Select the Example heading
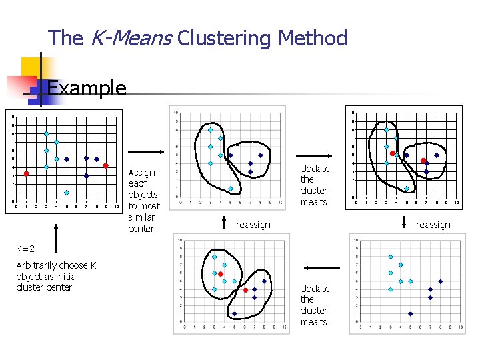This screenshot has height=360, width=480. pos(87,87)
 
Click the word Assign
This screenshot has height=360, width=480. pos(141,173)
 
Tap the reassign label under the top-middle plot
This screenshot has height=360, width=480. pos(253,225)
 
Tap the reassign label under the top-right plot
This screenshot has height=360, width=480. pos(433,225)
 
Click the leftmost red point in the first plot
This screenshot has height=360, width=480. pos(26,174)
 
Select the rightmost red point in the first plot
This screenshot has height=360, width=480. pos(106,165)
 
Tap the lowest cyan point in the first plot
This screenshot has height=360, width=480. pos(67,193)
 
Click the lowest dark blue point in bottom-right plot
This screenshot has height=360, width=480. pos(410,313)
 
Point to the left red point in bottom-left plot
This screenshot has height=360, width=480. pos(221,274)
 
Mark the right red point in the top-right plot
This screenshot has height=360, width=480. pos(423,161)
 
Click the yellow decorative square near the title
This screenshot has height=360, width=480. pos(32,67)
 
